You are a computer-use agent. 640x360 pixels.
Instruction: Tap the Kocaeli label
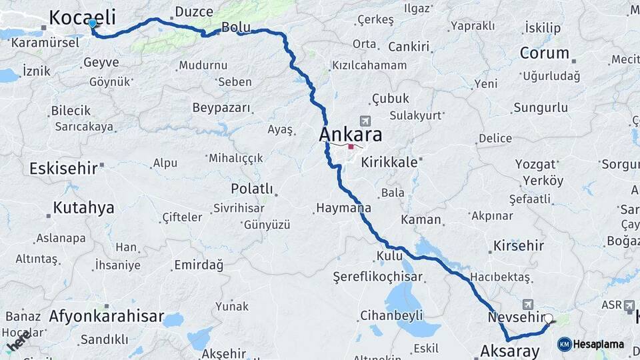pos(82,17)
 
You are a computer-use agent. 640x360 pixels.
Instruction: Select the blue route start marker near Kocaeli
pos(92,23)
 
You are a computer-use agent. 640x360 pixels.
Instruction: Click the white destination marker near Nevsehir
pos(549,319)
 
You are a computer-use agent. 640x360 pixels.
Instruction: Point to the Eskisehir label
pos(63,168)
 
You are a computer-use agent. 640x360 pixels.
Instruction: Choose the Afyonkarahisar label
pos(107,316)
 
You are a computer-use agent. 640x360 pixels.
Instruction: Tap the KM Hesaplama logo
pos(591,344)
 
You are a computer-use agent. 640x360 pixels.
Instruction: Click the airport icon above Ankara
pos(365,121)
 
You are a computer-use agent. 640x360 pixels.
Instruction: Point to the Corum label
pos(544,53)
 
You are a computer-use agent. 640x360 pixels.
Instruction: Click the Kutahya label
pos(83,207)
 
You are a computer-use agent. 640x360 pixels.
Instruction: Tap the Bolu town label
pos(235,27)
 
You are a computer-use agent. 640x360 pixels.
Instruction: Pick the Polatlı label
pos(251,189)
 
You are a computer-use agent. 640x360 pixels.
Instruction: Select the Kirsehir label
pos(519,245)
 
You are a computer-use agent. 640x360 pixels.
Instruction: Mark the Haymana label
pos(343,209)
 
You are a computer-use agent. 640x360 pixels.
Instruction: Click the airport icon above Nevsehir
pos(529,303)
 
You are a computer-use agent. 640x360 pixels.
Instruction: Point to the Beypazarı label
pos(221,108)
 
